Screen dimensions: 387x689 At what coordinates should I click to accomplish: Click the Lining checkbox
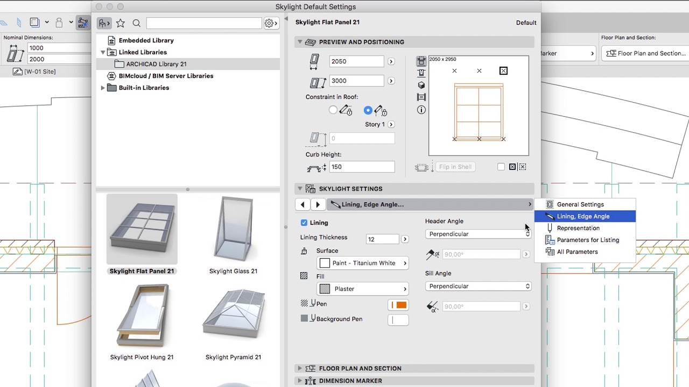[304, 223]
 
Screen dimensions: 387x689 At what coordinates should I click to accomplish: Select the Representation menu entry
[578, 228]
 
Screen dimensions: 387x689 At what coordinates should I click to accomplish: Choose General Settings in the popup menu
[580, 204]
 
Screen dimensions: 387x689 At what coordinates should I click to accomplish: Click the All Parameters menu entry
[576, 252]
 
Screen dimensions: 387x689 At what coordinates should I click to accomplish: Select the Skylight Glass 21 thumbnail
[233, 230]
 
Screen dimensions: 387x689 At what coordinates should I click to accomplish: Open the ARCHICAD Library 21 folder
[156, 64]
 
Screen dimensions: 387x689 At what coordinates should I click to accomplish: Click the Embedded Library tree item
[146, 40]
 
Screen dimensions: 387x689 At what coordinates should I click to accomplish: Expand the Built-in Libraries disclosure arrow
[103, 88]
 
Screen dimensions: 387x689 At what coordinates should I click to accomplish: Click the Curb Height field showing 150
[361, 167]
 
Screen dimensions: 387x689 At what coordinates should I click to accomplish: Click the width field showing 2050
[356, 61]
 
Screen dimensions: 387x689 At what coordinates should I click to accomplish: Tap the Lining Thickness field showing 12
[382, 239]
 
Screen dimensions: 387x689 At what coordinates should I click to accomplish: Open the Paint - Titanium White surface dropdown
[363, 263]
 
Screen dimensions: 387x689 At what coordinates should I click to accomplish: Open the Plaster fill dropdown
[363, 289]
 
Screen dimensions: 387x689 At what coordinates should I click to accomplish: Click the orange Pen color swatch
[398, 305]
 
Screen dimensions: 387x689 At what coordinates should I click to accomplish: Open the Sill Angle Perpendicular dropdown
[478, 286]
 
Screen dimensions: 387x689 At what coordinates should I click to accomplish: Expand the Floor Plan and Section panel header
[360, 368]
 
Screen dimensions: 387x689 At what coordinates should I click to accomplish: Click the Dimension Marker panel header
[350, 381]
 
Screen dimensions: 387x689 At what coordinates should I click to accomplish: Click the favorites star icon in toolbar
[121, 23]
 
